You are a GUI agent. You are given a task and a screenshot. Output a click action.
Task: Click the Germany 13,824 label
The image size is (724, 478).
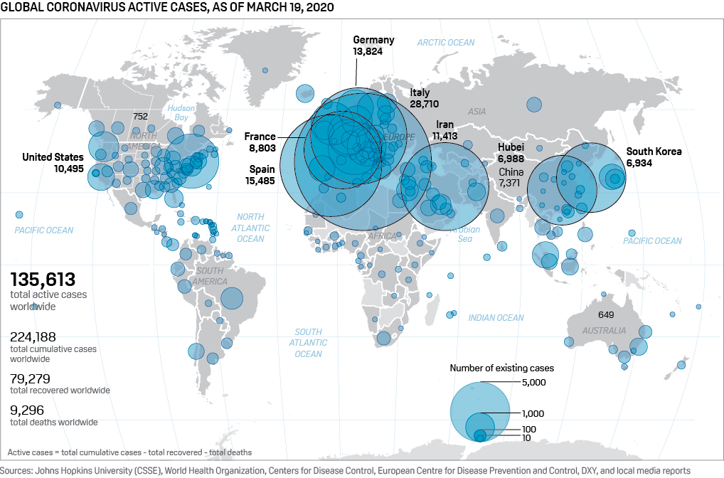[373, 46]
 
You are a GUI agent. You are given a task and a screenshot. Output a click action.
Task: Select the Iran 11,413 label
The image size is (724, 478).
[446, 130]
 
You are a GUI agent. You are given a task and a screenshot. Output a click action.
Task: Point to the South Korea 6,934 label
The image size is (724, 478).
[654, 157]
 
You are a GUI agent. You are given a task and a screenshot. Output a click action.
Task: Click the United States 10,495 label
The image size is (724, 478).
[53, 163]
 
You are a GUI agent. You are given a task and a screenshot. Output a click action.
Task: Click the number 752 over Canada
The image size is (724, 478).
[140, 116]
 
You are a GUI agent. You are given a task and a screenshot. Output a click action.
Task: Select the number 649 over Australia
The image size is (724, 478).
[606, 314]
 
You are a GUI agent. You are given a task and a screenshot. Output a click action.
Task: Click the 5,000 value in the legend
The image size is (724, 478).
[533, 383]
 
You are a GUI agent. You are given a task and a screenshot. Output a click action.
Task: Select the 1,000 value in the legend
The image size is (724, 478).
[533, 413]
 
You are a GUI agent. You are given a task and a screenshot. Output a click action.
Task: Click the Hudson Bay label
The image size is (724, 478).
[181, 112]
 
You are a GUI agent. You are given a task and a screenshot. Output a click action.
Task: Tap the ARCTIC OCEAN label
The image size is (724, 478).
[446, 43]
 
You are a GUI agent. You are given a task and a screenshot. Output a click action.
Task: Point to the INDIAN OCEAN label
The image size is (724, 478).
[496, 318]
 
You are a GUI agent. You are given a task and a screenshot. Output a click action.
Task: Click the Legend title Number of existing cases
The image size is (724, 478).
[501, 368]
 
